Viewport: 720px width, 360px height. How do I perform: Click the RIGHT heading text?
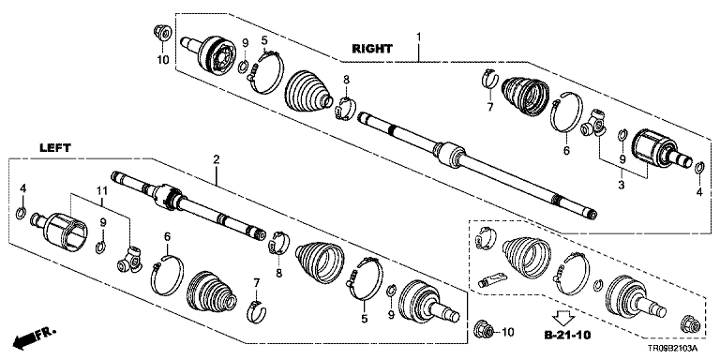pos(372,48)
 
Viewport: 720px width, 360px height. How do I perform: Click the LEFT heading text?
pos(55,148)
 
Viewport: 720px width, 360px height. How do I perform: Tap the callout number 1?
pos(418,36)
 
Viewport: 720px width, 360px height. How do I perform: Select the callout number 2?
pos(216,159)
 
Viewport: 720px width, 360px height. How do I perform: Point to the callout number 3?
pos(621,186)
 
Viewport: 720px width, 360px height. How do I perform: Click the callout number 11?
pos(101,190)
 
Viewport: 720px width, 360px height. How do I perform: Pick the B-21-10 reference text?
pos(567,335)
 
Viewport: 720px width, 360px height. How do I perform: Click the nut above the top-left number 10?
pos(162,33)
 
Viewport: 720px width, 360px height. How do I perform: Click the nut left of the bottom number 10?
pos(485,330)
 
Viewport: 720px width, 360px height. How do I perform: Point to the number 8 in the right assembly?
pos(346,80)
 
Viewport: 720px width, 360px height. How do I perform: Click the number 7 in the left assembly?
pos(256,282)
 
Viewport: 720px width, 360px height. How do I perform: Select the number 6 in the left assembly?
pos(167,236)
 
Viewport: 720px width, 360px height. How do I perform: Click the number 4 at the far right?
pos(698,193)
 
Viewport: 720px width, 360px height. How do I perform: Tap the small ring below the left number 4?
pos(21,214)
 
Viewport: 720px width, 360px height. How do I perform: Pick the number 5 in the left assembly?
pos(364,319)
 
